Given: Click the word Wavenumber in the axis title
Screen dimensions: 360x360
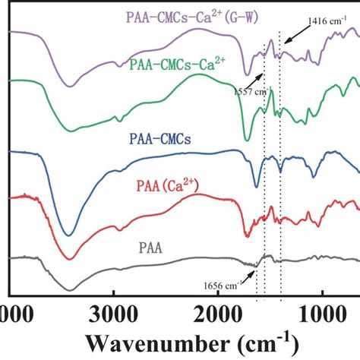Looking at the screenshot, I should [x=159, y=338].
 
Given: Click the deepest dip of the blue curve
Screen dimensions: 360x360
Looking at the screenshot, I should [x=69, y=234].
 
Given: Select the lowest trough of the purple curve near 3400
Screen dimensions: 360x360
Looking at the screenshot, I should [x=70, y=85].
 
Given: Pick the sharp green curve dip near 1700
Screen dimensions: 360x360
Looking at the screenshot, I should [x=247, y=139].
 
